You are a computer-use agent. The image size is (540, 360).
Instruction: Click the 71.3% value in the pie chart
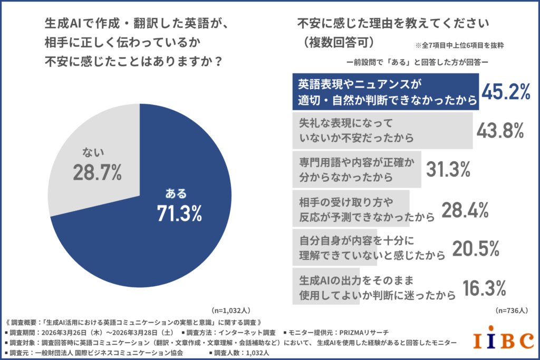coord(179,213)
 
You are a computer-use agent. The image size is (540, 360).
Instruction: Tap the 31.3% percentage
coord(448,169)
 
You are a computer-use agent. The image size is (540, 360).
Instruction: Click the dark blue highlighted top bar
coord(385,91)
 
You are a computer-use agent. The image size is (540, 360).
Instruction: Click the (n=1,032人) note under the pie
coord(230,310)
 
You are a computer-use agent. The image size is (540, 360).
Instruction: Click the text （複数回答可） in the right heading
coord(338,41)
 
